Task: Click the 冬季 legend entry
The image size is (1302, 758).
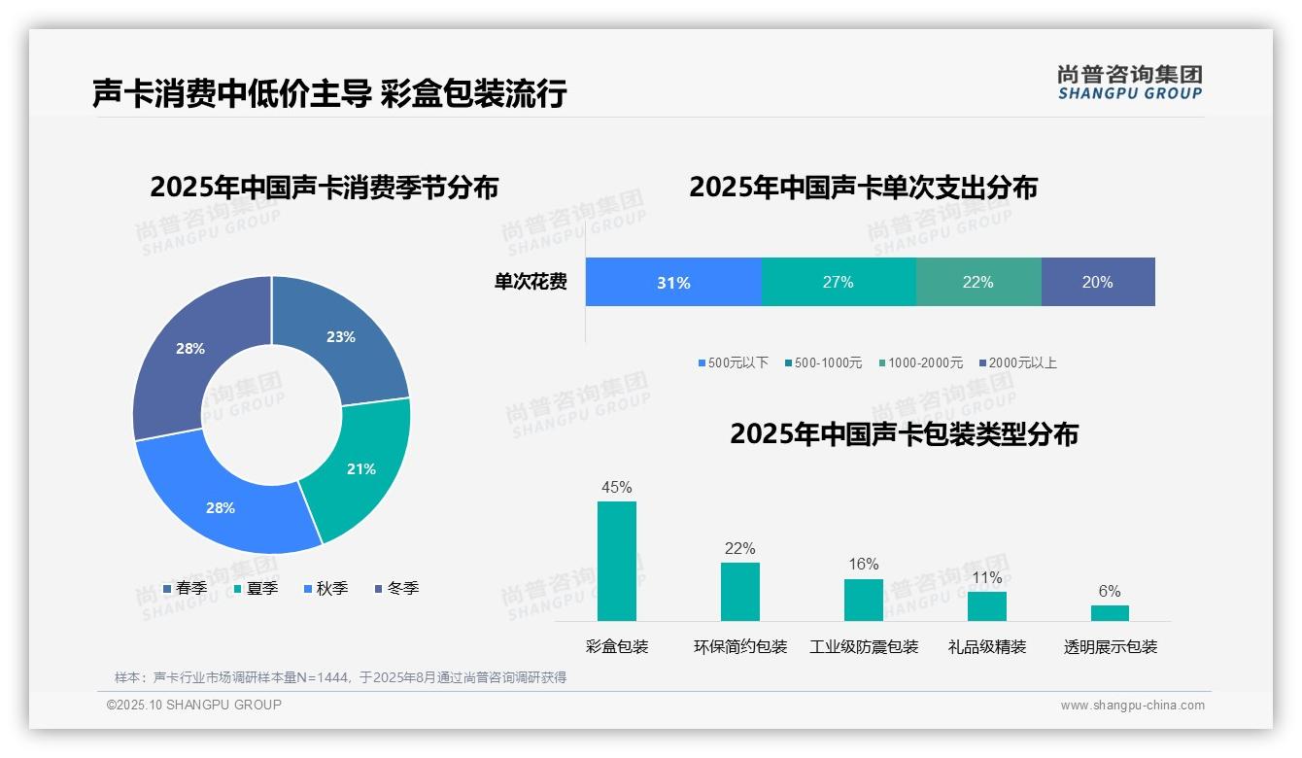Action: [x=396, y=588]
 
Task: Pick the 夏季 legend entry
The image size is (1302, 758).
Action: [x=257, y=588]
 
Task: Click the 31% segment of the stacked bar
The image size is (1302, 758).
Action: [x=673, y=282]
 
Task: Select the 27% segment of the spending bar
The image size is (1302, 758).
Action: [x=838, y=282]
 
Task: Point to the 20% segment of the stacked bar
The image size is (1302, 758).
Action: [x=1097, y=282]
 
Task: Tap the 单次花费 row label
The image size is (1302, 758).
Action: [x=531, y=282]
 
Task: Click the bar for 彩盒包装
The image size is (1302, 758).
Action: [x=617, y=561]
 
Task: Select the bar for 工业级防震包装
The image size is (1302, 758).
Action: [x=863, y=600]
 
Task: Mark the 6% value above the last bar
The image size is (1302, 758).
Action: [x=1110, y=591]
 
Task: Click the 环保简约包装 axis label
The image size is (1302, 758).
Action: [x=740, y=646]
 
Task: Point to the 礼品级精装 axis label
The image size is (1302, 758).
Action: [x=986, y=646]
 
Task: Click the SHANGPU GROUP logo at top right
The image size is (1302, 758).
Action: [x=1129, y=83]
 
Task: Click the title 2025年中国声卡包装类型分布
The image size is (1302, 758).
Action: [x=904, y=433]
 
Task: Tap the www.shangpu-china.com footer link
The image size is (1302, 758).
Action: [x=1132, y=706]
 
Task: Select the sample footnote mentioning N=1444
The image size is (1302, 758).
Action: [x=340, y=677]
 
